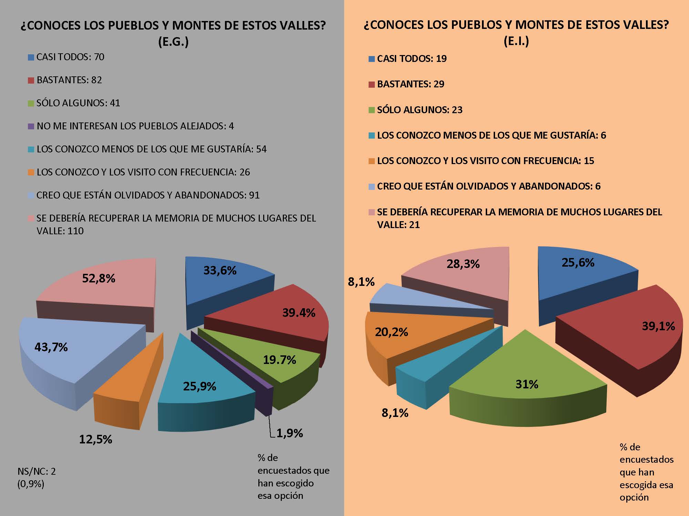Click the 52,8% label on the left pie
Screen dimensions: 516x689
point(99,278)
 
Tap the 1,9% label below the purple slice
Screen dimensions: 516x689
point(289,433)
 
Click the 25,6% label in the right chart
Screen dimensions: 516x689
point(578,262)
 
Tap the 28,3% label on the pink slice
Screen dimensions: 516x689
point(463,264)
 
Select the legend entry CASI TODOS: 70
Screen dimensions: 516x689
point(70,57)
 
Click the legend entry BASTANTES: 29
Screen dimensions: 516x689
point(411,84)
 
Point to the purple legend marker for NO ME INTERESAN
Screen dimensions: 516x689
point(31,126)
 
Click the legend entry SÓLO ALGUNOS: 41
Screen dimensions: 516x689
point(78,103)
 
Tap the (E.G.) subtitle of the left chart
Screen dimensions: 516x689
point(173,42)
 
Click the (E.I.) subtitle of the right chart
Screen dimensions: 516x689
point(516,41)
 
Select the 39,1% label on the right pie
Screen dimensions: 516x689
point(658,326)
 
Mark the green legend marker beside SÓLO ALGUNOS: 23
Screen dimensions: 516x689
point(371,110)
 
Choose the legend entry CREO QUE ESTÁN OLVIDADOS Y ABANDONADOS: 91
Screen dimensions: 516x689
point(148,195)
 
